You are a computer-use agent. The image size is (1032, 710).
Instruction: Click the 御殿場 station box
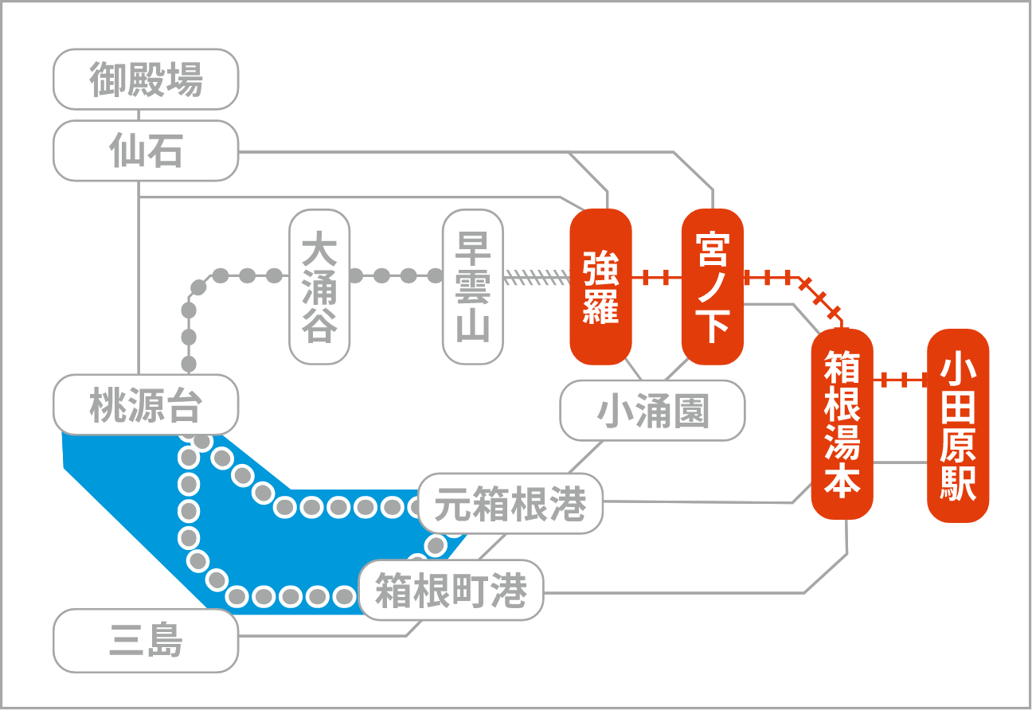click(146, 79)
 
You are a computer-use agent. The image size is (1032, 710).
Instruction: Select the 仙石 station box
click(146, 150)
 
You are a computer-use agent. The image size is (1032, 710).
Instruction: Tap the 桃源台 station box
click(146, 404)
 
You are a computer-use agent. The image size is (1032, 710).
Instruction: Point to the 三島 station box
click(146, 641)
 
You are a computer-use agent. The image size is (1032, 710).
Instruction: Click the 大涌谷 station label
click(319, 287)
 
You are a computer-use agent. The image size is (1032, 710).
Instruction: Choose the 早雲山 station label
click(473, 287)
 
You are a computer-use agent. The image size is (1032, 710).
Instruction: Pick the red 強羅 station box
click(600, 287)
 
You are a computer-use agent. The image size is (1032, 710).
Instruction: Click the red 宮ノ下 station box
click(712, 287)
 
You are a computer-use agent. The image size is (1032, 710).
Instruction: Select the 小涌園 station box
click(652, 410)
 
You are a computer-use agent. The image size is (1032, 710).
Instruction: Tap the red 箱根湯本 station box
click(842, 424)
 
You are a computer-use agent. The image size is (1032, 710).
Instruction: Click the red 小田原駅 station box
click(958, 426)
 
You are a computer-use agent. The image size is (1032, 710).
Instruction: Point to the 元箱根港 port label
click(510, 503)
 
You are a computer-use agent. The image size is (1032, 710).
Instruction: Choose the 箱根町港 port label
click(451, 590)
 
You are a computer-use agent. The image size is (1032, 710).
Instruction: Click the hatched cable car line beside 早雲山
click(537, 277)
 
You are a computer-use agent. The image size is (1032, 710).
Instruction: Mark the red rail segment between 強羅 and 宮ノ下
click(656, 277)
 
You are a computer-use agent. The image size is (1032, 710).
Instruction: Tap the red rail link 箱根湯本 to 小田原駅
click(901, 380)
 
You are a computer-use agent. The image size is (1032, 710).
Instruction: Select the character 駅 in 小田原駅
click(958, 483)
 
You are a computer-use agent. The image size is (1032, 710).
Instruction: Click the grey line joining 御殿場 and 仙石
click(139, 115)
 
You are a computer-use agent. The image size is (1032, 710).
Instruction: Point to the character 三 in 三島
click(127, 641)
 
